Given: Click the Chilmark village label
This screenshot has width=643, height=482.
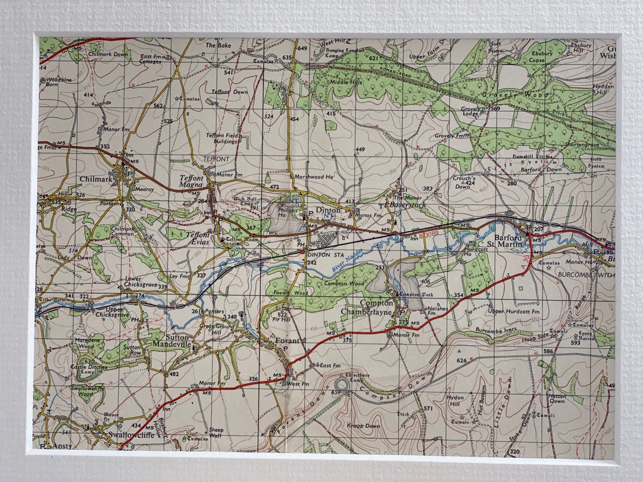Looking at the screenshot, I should coord(96,179).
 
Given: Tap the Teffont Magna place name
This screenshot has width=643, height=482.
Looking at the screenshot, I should coord(192,181).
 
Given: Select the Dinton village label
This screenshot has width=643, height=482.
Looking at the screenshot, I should coord(328,211).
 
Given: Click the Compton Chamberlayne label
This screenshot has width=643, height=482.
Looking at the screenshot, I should coord(367,307).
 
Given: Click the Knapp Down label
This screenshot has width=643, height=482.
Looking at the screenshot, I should coord(364,426).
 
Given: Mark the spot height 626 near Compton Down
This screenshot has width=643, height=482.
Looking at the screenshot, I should coord(461,361).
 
